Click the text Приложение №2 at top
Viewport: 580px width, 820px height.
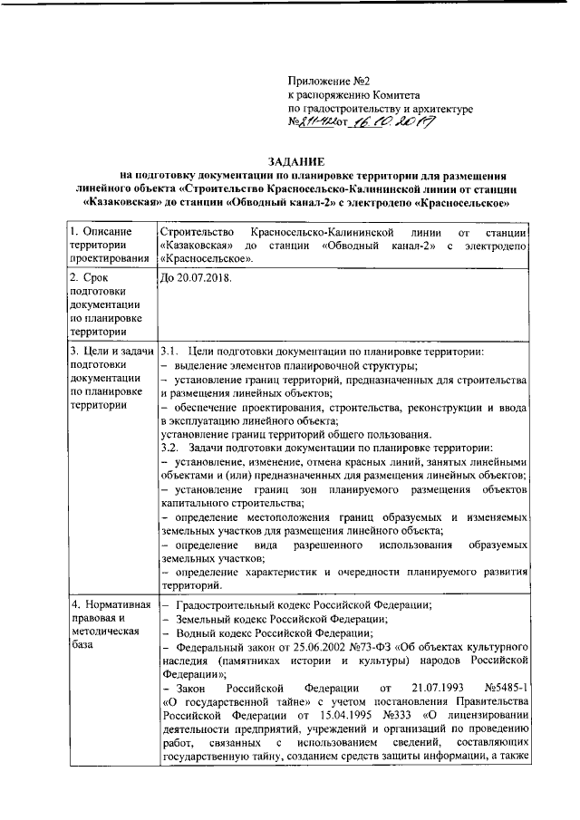(324, 82)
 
